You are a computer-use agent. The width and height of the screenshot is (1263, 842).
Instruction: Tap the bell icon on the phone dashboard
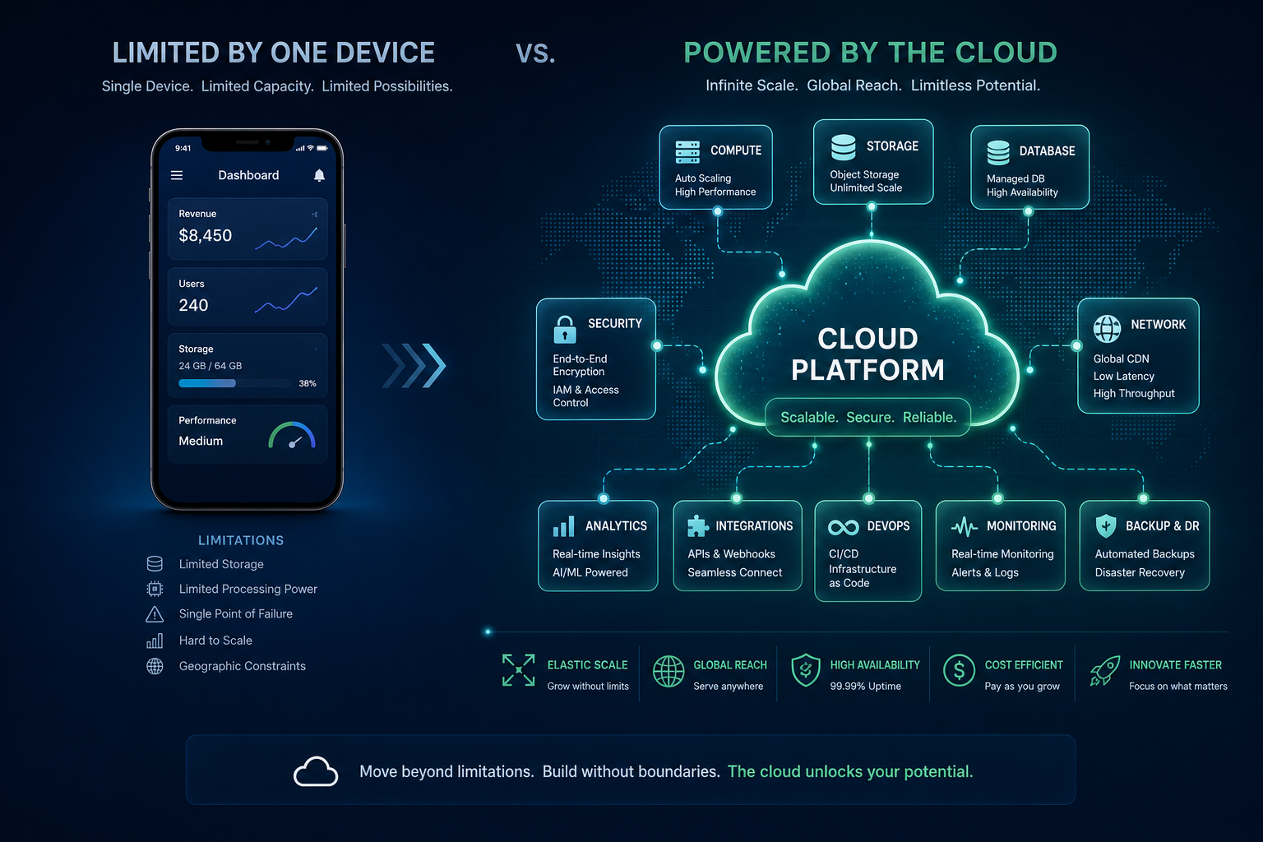click(319, 175)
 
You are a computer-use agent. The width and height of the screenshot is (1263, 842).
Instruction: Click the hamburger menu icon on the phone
click(177, 175)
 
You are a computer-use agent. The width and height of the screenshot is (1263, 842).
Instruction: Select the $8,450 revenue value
click(206, 235)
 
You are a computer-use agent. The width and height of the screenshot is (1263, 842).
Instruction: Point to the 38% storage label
click(308, 383)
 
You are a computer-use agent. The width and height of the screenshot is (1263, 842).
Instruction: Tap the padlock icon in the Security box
click(564, 330)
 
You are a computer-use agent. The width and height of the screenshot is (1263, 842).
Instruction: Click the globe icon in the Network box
click(1107, 329)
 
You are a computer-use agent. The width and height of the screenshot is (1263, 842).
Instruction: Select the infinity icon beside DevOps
click(843, 527)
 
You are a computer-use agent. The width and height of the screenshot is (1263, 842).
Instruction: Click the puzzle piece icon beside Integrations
click(697, 526)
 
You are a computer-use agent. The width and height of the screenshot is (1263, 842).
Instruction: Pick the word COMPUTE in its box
click(736, 150)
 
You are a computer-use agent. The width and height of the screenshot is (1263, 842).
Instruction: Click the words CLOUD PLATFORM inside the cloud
click(867, 354)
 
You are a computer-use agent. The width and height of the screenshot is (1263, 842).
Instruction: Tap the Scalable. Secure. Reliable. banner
click(867, 418)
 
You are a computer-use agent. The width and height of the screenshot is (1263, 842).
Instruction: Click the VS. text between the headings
click(535, 54)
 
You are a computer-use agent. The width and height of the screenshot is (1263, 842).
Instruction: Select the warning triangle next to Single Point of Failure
click(155, 614)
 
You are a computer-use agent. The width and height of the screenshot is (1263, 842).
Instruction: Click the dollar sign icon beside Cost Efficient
click(959, 670)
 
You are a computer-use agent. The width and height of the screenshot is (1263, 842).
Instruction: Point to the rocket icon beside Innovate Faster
click(1104, 670)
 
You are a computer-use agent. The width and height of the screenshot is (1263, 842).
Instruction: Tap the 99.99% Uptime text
click(866, 687)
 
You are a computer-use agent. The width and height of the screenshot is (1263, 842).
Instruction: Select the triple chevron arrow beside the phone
click(414, 365)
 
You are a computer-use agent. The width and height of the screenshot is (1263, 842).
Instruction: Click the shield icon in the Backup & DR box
click(1106, 526)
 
